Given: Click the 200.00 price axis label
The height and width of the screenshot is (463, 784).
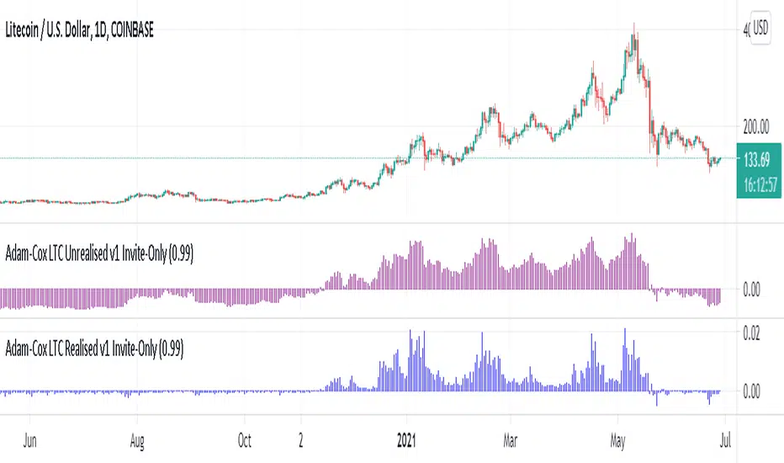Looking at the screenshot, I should [x=755, y=126].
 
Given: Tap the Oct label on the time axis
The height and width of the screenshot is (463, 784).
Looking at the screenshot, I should [x=245, y=439].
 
